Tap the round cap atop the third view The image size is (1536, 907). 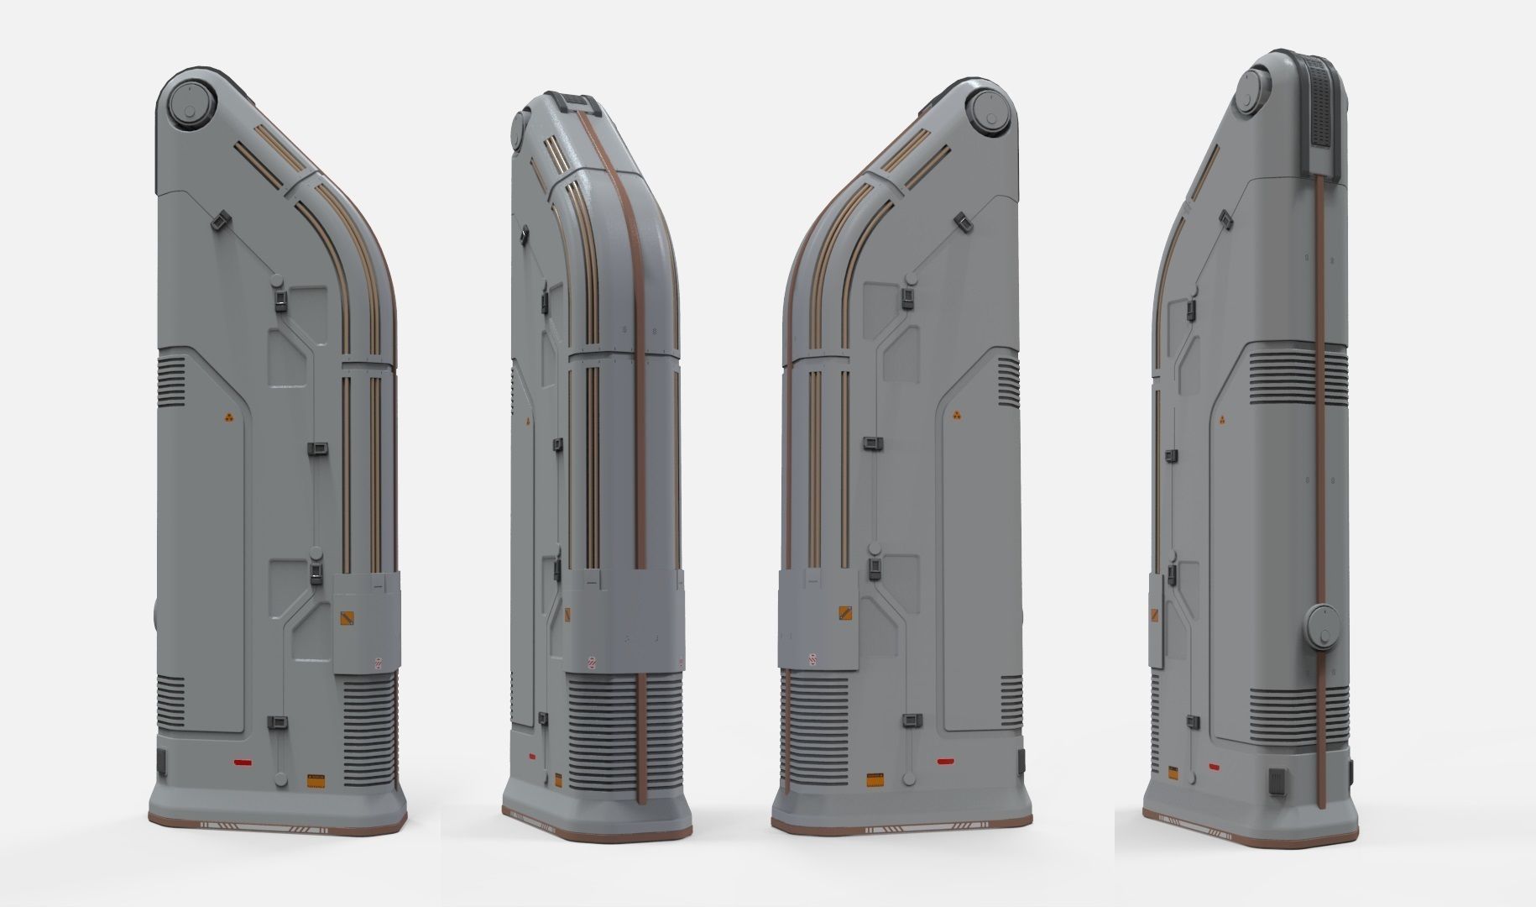coord(989,111)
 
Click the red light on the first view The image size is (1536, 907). coord(243,763)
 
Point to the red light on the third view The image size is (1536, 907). coord(945,763)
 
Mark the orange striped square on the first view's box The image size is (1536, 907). coord(347,619)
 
